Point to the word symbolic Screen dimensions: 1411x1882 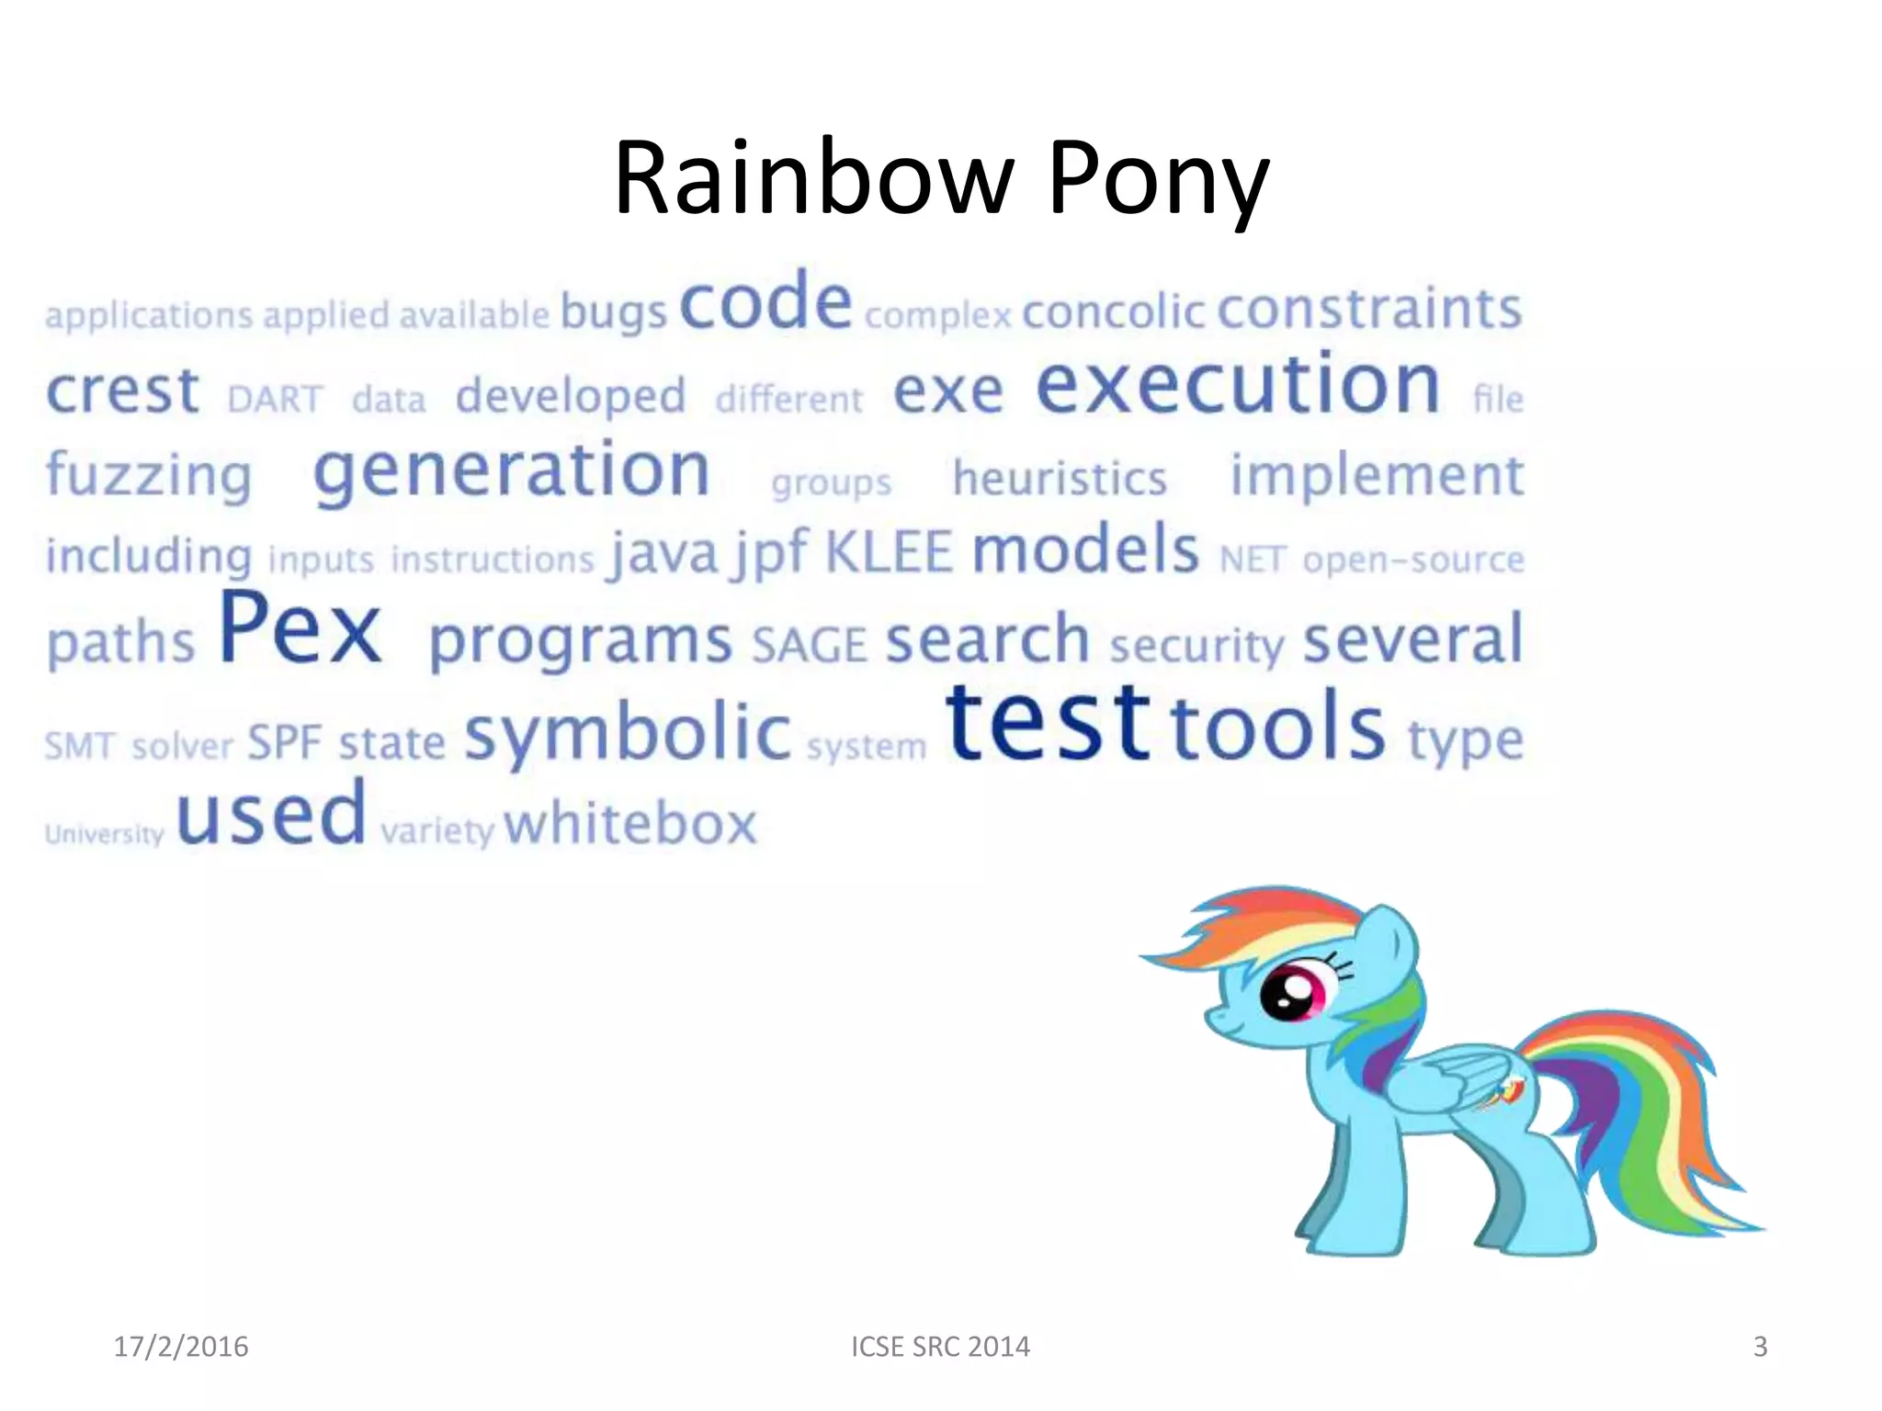pos(628,733)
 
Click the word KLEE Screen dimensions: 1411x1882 pos(889,552)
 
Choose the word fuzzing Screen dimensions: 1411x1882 pos(149,475)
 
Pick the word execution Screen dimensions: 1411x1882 pos(1238,385)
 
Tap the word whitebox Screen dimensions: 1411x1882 pos(630,823)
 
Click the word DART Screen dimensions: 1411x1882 pos(275,400)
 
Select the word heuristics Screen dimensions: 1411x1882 pos(1060,479)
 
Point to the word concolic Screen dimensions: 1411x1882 pos(1113,311)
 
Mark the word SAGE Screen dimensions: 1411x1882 pos(809,645)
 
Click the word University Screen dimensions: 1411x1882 pos(105,834)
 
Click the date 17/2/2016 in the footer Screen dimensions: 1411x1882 pos(181,1347)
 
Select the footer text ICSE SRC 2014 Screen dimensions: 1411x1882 pos(940,1347)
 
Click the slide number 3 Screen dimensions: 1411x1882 pos(1760,1347)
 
